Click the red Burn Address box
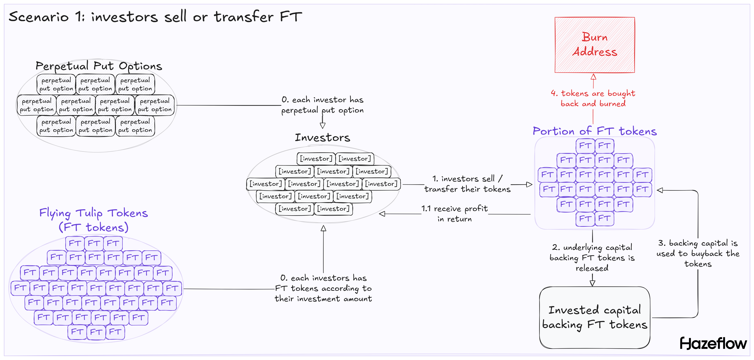[x=594, y=45]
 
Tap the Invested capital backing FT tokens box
[x=594, y=318]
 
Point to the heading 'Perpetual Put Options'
[x=99, y=66]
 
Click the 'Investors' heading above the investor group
[x=322, y=137]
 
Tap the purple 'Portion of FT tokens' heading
[x=594, y=131]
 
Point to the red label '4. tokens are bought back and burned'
[x=593, y=98]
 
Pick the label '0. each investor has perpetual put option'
[x=322, y=105]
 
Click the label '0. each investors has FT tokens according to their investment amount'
[x=323, y=288]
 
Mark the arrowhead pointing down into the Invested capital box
[x=592, y=283]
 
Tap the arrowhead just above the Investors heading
[x=323, y=125]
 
